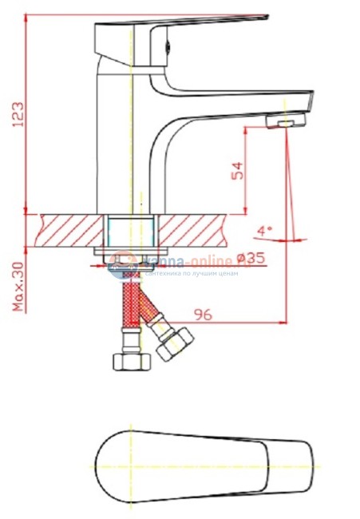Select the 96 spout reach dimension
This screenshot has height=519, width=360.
[203, 315]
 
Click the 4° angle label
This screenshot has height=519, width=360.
[265, 231]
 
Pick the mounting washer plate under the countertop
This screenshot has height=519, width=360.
[128, 254]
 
